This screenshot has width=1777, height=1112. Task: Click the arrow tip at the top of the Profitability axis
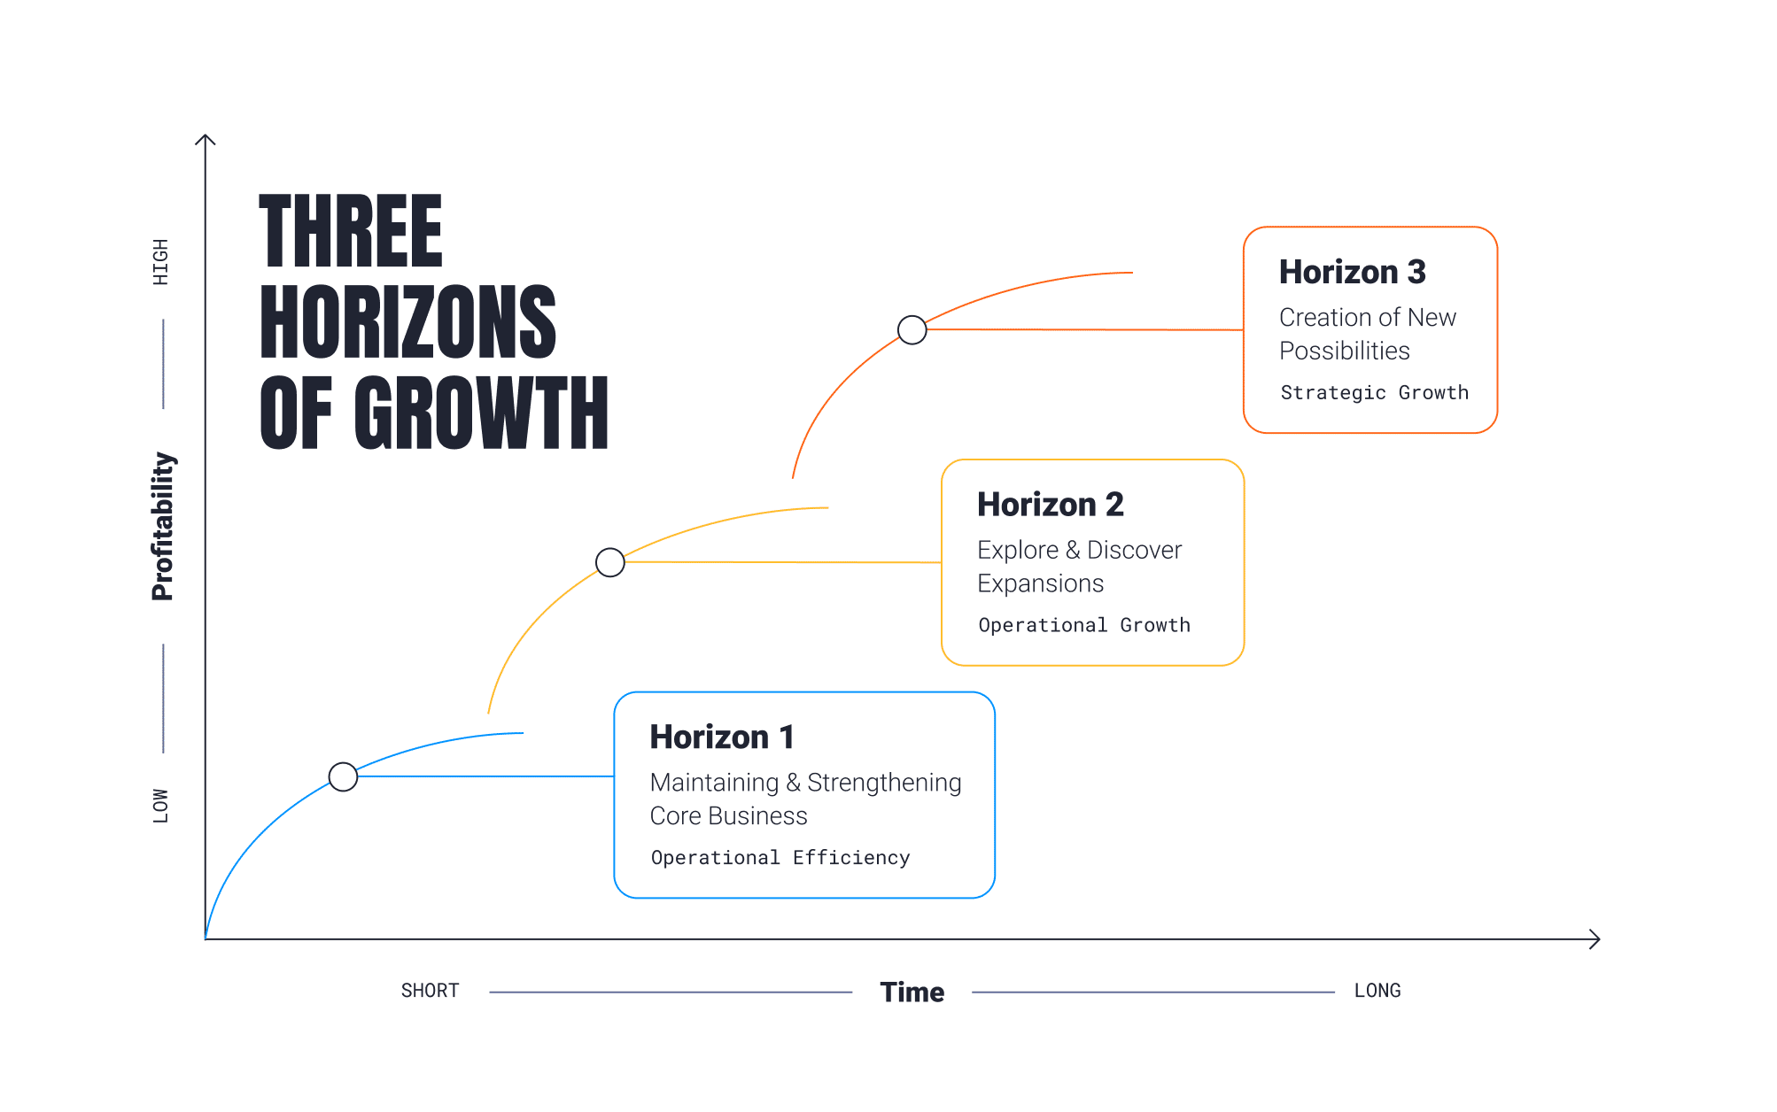206,135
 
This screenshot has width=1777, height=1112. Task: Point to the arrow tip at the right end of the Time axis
1600,939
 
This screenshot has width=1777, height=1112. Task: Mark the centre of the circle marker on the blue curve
343,776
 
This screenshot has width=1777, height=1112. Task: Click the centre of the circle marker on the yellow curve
610,562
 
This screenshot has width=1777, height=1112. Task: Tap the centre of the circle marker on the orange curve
912,329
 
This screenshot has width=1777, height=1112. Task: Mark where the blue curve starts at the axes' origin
206,938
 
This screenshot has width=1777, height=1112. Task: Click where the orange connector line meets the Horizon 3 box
1244,330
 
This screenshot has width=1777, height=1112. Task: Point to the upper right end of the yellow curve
828,507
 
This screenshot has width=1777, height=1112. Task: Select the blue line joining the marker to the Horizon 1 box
485,776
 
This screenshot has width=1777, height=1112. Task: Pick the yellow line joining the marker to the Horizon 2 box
783,562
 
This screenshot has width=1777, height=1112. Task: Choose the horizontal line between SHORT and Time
671,992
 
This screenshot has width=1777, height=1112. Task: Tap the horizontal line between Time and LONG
1153,992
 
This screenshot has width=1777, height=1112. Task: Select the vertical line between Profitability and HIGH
163,364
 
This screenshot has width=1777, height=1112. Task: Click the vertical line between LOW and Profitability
163,699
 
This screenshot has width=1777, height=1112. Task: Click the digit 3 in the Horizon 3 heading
1416,272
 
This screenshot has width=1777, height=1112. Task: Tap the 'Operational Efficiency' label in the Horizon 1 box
780,857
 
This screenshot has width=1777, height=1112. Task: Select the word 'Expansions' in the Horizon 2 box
1041,583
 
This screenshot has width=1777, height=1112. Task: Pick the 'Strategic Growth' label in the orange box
1375,392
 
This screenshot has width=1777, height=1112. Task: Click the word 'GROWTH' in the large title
482,412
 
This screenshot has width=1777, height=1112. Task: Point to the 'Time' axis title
912,992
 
